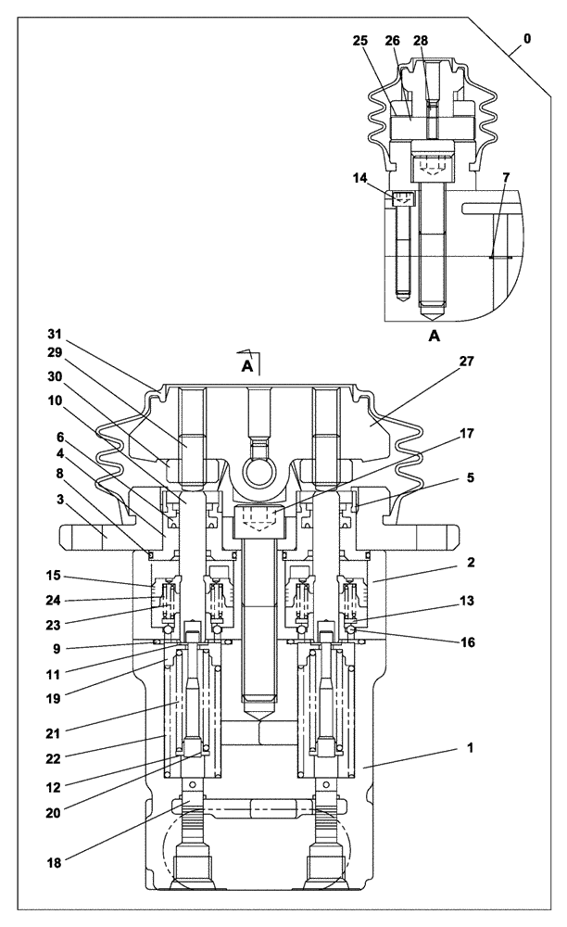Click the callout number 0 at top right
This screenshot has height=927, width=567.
pos(527,41)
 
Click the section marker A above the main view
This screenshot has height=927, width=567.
pos(247,367)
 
